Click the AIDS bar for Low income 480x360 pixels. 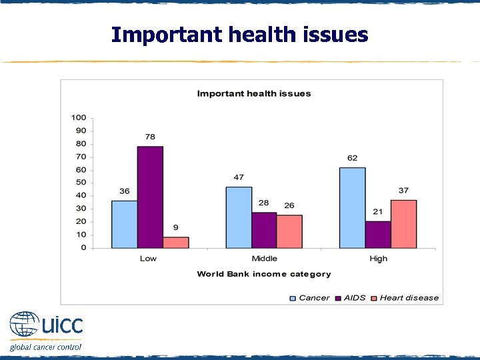(x=150, y=197)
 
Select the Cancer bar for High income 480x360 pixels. (x=352, y=207)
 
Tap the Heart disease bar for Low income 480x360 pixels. (x=176, y=242)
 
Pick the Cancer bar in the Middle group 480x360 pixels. (x=239, y=217)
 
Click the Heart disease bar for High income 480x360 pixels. (x=403, y=223)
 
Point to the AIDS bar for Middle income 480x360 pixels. (x=264, y=230)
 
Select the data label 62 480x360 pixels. (x=352, y=158)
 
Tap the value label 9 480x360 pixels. (x=176, y=228)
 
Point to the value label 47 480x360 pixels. (x=239, y=177)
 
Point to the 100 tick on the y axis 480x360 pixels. (x=79, y=118)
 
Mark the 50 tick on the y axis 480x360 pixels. (x=81, y=183)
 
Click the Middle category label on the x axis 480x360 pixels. (x=264, y=259)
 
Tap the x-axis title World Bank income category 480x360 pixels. (x=263, y=274)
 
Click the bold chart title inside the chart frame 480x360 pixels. (x=253, y=93)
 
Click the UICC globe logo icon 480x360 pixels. (x=24, y=325)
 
